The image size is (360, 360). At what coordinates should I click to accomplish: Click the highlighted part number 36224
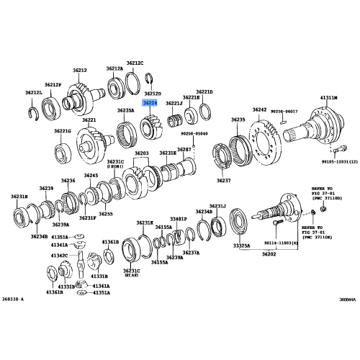pos(150,104)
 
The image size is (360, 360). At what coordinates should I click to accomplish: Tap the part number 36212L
pos(35,94)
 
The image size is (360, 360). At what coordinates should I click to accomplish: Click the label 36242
pos(259,109)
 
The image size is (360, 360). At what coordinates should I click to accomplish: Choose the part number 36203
pos(141,153)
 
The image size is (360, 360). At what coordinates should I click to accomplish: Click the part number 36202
pos(269,253)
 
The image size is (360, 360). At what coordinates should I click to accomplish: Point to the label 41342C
pos(60,255)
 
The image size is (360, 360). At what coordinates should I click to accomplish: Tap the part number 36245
pos(91,175)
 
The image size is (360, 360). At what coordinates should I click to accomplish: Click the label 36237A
pos(191,253)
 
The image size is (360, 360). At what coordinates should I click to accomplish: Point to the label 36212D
pos(153,94)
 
